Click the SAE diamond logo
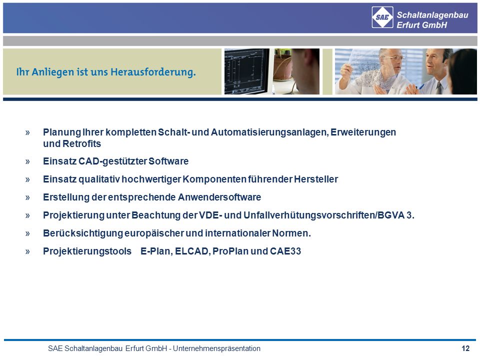[x=382, y=17]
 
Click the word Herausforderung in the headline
[x=153, y=72]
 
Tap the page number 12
[x=465, y=348]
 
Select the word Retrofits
[x=81, y=143]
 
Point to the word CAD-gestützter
[x=112, y=161]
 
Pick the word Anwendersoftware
[x=219, y=197]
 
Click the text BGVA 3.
[x=396, y=215]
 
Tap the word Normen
[x=291, y=233]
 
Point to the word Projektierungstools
[x=87, y=251]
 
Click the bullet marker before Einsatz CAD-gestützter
[x=27, y=161]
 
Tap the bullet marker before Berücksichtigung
[x=27, y=233]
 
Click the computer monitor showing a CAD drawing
[x=246, y=71]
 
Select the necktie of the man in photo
[x=439, y=88]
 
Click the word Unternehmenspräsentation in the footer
[x=216, y=348]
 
